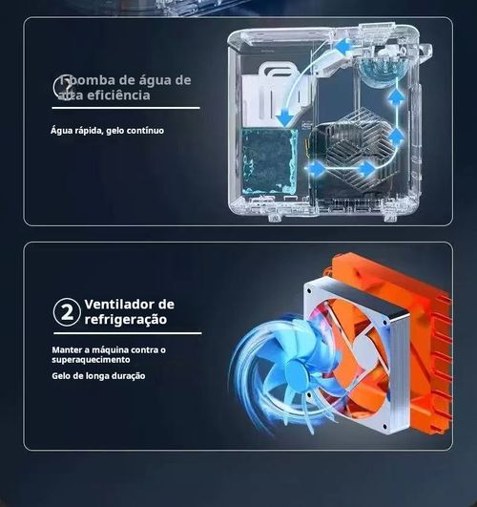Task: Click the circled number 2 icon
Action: pos(65,311)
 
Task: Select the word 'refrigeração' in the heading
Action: pos(125,320)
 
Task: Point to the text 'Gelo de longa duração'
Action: pos(98,375)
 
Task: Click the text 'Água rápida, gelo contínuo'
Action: pos(106,130)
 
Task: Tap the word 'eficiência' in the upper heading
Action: pos(118,95)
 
